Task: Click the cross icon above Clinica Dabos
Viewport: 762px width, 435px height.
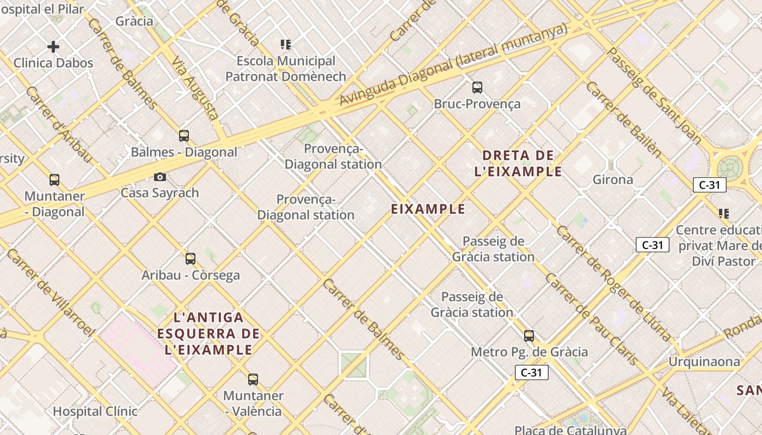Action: click(53, 47)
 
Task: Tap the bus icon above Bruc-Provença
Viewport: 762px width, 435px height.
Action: click(477, 87)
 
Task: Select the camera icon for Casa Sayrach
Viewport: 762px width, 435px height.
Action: click(159, 177)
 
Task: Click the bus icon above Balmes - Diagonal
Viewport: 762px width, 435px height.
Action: click(184, 135)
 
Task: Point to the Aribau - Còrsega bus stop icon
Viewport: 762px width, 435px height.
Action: click(190, 258)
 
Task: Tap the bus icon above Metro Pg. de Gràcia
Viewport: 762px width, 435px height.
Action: click(529, 335)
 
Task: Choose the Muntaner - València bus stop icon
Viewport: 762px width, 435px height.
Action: click(253, 379)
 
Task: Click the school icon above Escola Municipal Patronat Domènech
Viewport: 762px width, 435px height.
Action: click(286, 45)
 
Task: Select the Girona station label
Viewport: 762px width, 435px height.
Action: click(613, 179)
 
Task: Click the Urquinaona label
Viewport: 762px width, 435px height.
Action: click(704, 362)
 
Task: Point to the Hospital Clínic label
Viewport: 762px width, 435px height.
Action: click(95, 411)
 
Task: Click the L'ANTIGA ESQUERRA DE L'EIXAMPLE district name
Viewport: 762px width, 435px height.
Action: click(208, 333)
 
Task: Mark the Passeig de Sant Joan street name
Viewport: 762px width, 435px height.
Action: click(654, 96)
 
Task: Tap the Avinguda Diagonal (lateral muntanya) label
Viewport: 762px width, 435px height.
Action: click(453, 65)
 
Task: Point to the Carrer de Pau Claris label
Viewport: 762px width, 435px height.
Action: click(591, 319)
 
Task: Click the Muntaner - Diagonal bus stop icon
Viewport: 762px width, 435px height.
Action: click(54, 180)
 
